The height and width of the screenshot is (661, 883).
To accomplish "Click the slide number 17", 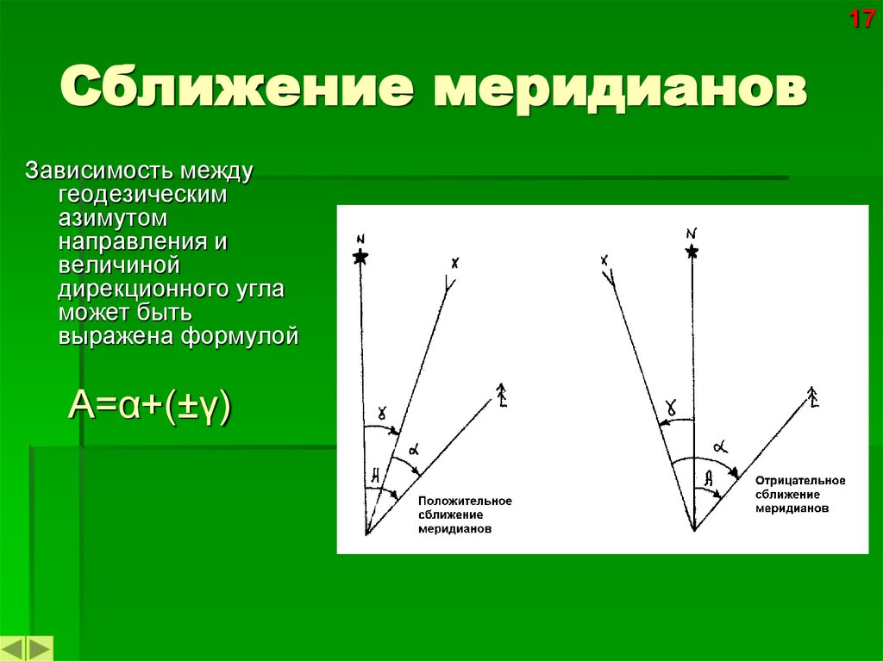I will pyautogui.click(x=861, y=19).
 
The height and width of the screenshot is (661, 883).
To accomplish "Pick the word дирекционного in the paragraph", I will pyautogui.click(x=140, y=288).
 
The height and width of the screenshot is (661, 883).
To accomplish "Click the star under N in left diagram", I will pyautogui.click(x=360, y=257).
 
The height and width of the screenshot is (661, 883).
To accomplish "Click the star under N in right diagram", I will pyautogui.click(x=691, y=252).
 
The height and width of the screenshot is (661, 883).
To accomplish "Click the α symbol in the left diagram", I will pyautogui.click(x=414, y=449).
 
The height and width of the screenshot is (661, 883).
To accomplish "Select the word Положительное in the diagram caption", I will pyautogui.click(x=465, y=502).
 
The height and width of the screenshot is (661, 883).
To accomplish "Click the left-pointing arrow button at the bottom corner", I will pyautogui.click(x=14, y=649).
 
